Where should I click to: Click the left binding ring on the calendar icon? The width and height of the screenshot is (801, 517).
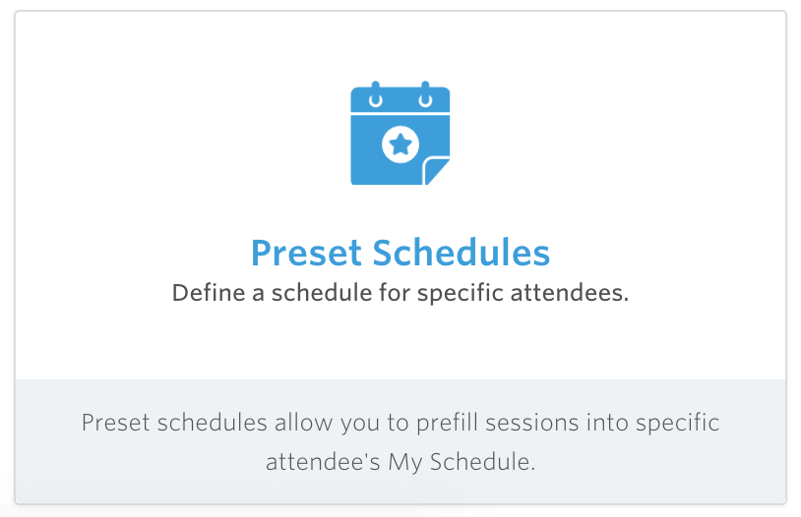pyautogui.click(x=375, y=96)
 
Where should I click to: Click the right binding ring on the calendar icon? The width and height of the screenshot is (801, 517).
pyautogui.click(x=425, y=96)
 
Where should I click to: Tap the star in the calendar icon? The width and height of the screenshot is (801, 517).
pyautogui.click(x=400, y=145)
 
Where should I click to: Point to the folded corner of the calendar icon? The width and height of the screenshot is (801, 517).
pyautogui.click(x=437, y=172)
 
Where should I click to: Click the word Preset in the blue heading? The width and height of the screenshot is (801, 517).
pyautogui.click(x=306, y=253)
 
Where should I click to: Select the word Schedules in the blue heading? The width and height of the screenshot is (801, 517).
pyautogui.click(x=461, y=253)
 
